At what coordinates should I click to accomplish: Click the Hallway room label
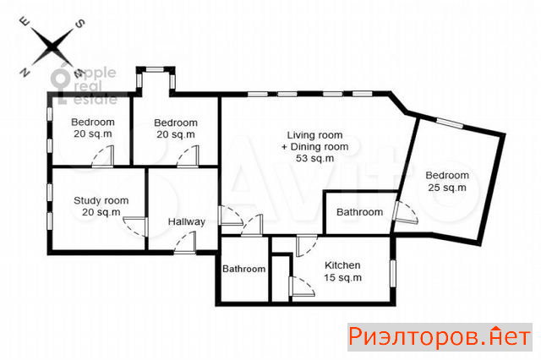(x=186, y=221)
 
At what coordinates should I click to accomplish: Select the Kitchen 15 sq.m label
(x=342, y=271)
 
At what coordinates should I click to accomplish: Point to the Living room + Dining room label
(x=315, y=146)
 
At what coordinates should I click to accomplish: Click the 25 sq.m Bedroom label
(x=447, y=182)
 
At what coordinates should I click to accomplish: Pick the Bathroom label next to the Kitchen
(x=244, y=269)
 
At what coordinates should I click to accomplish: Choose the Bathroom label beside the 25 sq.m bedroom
(x=359, y=212)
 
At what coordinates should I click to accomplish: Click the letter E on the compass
(x=25, y=22)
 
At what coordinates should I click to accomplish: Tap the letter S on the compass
(x=80, y=24)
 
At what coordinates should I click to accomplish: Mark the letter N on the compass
(x=25, y=72)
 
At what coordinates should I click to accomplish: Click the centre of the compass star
(x=52, y=46)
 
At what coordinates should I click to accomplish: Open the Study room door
(x=135, y=226)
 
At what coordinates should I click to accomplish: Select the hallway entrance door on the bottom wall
(x=185, y=243)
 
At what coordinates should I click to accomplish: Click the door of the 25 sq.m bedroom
(x=405, y=212)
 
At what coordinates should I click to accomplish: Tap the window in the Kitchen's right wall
(x=392, y=274)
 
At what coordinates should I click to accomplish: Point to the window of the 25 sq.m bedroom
(x=450, y=123)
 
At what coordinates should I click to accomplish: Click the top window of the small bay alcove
(x=155, y=69)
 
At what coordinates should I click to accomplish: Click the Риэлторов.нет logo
(x=440, y=337)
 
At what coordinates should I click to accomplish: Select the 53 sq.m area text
(x=315, y=158)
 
